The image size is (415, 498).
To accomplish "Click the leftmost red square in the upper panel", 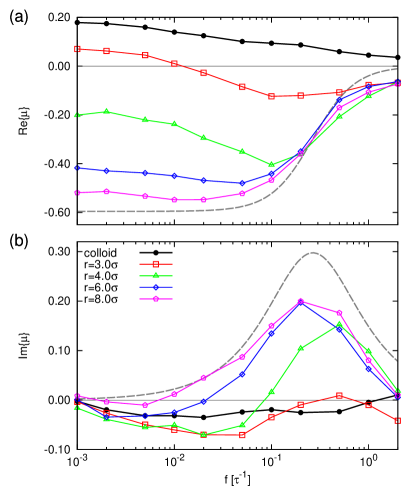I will pyautogui.click(x=77, y=49).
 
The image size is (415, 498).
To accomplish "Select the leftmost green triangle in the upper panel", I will pyautogui.click(x=77, y=115).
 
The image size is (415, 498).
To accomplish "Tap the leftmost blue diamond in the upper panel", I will pyautogui.click(x=77, y=168).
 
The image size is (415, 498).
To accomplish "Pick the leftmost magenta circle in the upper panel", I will pyautogui.click(x=77, y=192).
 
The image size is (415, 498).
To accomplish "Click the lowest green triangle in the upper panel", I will pyautogui.click(x=272, y=165).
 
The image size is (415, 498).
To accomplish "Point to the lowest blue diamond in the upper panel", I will pyautogui.click(x=242, y=183).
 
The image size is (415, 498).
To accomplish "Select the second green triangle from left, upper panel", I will pyautogui.click(x=107, y=111).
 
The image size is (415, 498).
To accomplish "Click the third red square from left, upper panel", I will pyautogui.click(x=146, y=55).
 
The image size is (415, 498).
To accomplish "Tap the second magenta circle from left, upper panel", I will pyautogui.click(x=107, y=191).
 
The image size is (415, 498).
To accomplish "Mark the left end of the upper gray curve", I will pyautogui.click(x=78, y=211).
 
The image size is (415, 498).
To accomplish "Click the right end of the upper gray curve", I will pyautogui.click(x=397, y=69).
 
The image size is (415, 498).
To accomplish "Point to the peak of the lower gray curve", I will pyautogui.click(x=313, y=252).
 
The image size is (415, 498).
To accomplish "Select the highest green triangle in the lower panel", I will pyautogui.click(x=339, y=325).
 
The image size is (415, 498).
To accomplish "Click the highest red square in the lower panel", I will pyautogui.click(x=339, y=395).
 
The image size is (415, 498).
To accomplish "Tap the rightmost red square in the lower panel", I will pyautogui.click(x=397, y=421).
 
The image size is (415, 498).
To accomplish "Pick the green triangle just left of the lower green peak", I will pyautogui.click(x=301, y=348).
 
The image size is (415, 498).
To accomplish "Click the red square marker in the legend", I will pyautogui.click(x=155, y=263).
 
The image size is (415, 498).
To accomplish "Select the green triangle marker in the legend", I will pyautogui.click(x=155, y=275).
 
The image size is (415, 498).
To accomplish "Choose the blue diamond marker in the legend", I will pyautogui.click(x=155, y=287).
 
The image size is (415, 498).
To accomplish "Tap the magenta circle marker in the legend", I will pyautogui.click(x=155, y=298).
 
